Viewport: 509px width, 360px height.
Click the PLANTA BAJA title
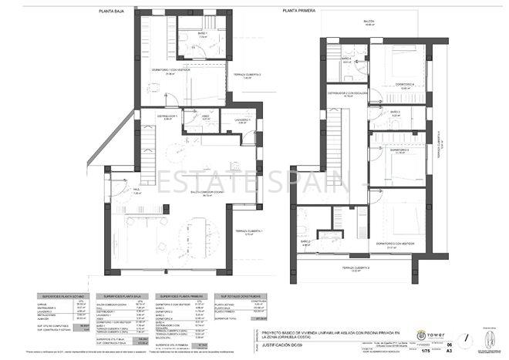tap(116, 12)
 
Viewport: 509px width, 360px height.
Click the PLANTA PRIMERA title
tap(301, 12)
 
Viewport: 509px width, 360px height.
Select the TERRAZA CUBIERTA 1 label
tap(249, 232)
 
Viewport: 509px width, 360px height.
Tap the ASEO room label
tap(206, 118)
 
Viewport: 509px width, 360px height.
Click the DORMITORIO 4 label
tap(406, 85)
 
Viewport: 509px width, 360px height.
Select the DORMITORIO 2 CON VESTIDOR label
tap(396, 243)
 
